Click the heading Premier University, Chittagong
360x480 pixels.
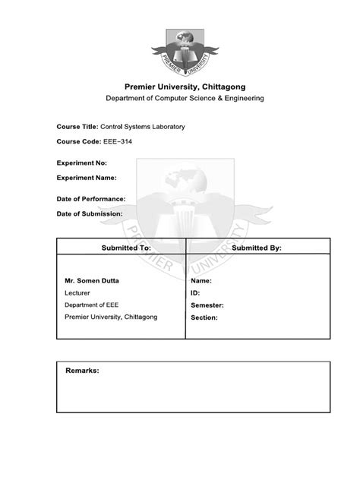180,87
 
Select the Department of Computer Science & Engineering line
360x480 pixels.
180,99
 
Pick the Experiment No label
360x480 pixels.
81,163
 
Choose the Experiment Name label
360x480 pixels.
86,178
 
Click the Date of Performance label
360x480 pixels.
91,198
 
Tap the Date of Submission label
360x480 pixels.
90,214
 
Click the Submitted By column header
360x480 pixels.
257,248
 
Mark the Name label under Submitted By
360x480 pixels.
201,280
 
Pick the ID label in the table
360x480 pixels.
195,292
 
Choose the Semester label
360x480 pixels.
207,305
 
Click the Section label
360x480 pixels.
204,317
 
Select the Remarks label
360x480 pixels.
82,371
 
